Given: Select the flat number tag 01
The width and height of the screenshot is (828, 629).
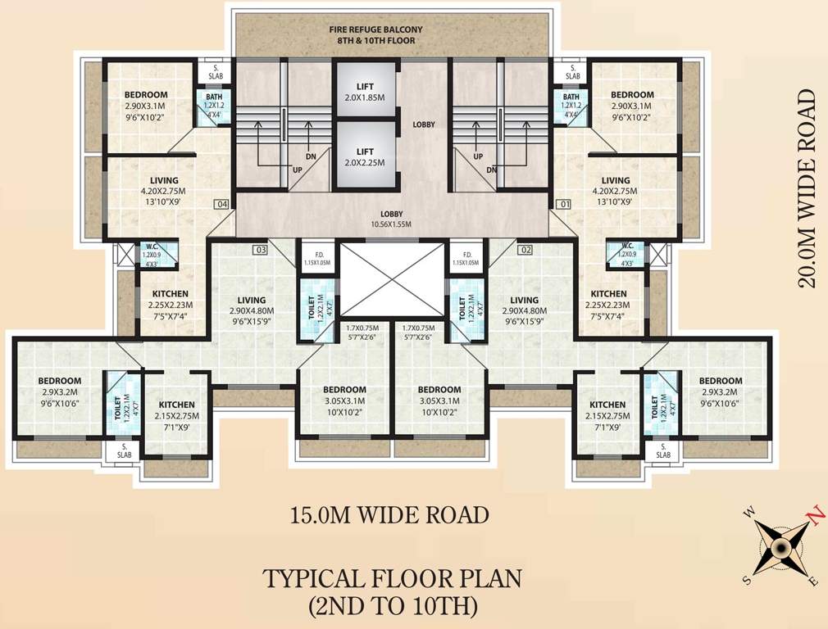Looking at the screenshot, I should click(563, 203).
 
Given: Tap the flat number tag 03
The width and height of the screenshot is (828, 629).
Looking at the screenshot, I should click(261, 249).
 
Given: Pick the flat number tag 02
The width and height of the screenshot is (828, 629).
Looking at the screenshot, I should click(525, 249).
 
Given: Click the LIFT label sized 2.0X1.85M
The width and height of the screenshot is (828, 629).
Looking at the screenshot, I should click(365, 91).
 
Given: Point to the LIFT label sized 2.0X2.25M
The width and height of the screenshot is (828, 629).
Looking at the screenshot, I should click(365, 156).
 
